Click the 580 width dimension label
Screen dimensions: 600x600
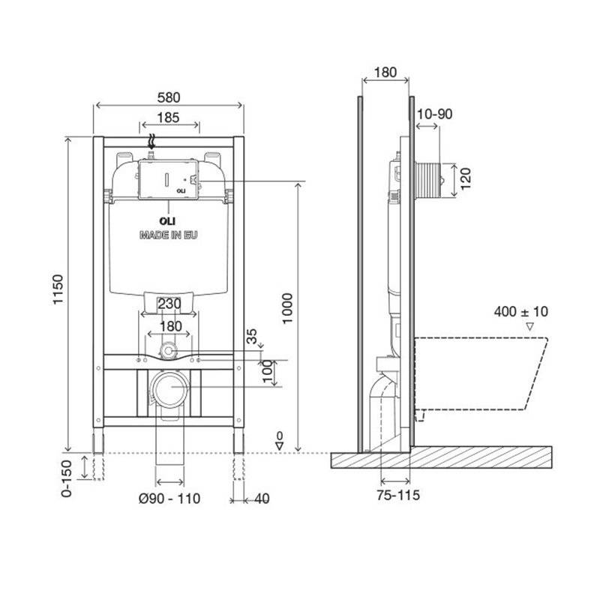coord(169,97)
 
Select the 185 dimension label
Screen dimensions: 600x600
coord(168,118)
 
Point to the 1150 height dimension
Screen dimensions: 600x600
coord(58,289)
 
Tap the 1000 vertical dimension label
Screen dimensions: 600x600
coord(287,308)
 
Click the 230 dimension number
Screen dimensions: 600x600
coord(169,304)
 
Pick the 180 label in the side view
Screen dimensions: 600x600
coord(385,72)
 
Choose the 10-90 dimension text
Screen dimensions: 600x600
coord(434,114)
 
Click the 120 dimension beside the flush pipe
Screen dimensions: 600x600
coord(466,178)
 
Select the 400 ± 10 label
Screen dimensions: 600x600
coord(520,311)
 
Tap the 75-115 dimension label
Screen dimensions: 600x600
coord(398,495)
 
